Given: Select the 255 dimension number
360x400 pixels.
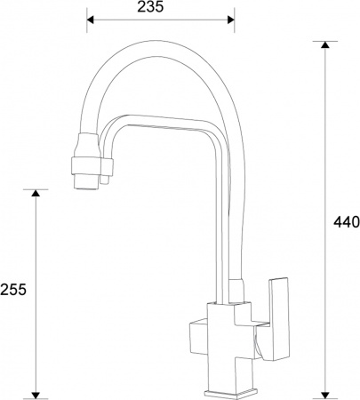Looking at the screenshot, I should [x=13, y=289].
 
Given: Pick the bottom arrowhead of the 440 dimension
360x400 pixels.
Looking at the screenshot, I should [x=326, y=392].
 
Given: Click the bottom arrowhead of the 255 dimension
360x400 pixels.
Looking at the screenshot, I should [x=36, y=392].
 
